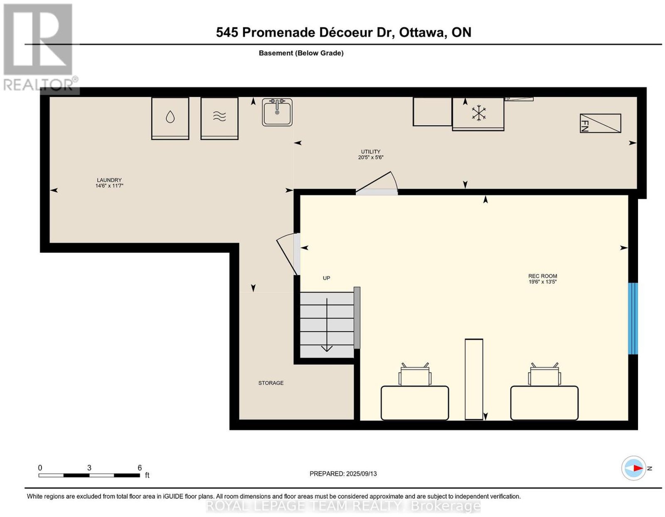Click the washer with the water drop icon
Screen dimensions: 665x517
click(x=170, y=119)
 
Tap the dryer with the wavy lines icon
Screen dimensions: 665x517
click(x=219, y=119)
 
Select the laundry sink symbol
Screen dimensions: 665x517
click(x=277, y=112)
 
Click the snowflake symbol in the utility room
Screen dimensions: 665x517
click(x=479, y=113)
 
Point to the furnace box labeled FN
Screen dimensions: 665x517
click(x=600, y=123)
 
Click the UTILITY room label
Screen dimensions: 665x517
click(x=370, y=151)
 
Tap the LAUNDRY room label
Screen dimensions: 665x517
click(x=109, y=180)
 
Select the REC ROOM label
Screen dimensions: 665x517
click(x=542, y=276)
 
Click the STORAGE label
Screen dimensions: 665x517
click(x=271, y=383)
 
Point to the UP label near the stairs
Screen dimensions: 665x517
click(x=326, y=278)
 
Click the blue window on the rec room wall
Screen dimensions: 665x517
click(x=633, y=318)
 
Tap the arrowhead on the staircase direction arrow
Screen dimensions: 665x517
click(x=327, y=348)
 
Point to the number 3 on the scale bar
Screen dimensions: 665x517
click(x=89, y=468)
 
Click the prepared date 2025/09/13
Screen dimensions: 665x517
click(x=361, y=474)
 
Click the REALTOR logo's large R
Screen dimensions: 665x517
click(x=38, y=39)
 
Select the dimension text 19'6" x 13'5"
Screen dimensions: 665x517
click(x=542, y=282)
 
